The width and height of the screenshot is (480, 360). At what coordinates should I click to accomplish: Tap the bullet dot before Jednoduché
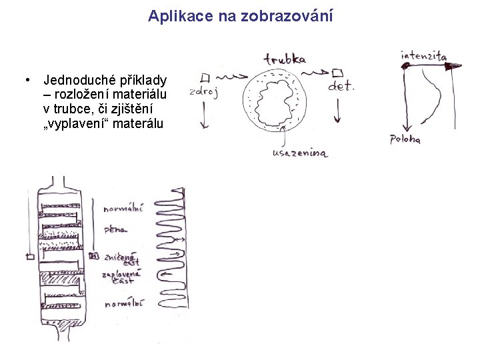(x=25, y=80)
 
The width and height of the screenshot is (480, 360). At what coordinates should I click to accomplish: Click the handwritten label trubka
(x=285, y=59)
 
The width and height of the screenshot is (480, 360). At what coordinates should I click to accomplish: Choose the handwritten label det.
(x=342, y=86)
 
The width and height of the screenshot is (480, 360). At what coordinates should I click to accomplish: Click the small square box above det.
(x=337, y=72)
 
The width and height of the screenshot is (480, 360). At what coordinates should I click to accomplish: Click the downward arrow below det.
(x=337, y=110)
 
